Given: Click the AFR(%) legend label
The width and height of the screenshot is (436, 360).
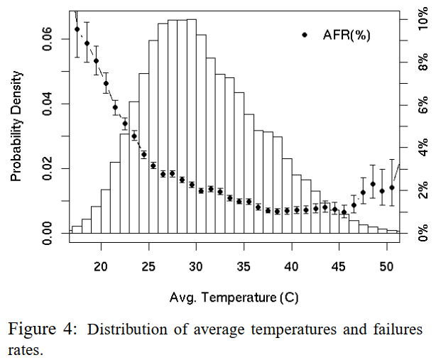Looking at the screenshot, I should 347,34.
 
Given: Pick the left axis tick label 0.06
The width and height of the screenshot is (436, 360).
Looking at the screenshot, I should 47,39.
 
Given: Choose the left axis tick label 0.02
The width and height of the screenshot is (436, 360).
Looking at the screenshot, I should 47,168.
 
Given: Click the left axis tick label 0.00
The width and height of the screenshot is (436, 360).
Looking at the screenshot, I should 47,233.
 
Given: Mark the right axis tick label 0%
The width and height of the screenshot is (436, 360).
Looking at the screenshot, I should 424,234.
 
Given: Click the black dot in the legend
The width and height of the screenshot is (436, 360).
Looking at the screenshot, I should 305,34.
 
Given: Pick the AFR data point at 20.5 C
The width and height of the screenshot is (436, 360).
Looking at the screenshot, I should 106,84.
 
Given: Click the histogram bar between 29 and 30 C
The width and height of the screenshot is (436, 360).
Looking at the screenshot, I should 191,128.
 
